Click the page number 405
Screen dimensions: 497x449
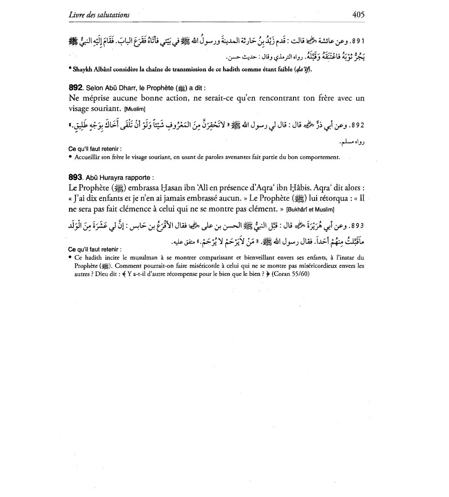(358, 15)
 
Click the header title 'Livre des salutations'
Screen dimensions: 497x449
(99, 15)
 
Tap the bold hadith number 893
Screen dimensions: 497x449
(75, 177)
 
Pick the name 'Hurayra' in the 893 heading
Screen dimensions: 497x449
(113, 178)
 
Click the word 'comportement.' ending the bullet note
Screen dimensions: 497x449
(323, 157)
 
